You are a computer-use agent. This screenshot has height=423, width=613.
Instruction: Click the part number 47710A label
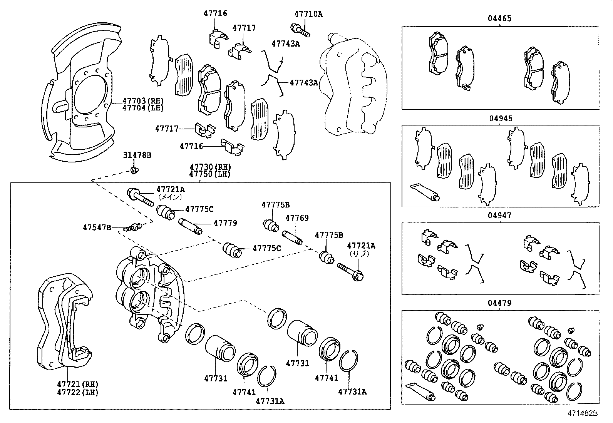308,14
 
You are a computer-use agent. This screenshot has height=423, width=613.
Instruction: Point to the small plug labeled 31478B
134,170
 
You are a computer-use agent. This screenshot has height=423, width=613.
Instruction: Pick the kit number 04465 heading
500,18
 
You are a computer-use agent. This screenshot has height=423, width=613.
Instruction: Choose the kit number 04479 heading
500,303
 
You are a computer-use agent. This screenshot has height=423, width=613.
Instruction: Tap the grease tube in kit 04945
425,192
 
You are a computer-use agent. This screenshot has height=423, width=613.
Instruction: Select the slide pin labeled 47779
190,226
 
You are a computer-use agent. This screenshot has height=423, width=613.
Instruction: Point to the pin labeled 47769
293,237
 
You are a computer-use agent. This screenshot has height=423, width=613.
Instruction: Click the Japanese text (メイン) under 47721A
170,197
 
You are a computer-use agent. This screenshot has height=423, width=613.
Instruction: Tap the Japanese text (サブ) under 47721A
359,254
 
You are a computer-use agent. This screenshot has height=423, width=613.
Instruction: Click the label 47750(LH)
210,174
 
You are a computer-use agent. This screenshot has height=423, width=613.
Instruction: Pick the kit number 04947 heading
500,216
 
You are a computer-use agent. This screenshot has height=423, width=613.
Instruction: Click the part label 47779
225,223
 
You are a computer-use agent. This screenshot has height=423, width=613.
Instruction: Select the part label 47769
296,218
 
